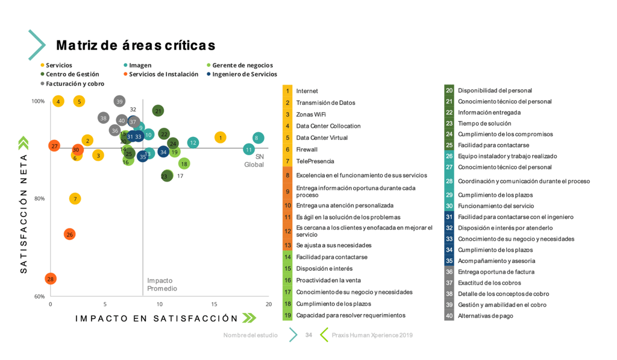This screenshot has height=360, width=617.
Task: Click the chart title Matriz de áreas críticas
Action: click(x=136, y=45)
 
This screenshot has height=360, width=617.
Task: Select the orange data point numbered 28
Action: click(x=51, y=279)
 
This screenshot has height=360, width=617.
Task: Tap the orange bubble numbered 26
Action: click(x=69, y=234)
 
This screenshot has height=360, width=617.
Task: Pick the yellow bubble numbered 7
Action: click(x=75, y=198)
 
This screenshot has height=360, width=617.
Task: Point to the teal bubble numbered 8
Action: click(x=258, y=137)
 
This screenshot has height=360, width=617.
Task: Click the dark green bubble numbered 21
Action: click(x=158, y=110)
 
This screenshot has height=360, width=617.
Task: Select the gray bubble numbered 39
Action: click(x=119, y=101)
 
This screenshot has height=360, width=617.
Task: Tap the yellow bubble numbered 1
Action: click(x=221, y=137)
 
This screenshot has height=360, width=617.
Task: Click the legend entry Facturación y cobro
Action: click(x=75, y=84)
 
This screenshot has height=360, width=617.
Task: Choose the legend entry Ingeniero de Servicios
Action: click(x=244, y=74)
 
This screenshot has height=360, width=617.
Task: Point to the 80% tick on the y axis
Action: click(x=38, y=198)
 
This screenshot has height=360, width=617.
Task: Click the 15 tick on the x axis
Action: click(x=214, y=304)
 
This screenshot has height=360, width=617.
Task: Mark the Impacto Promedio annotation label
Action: click(x=162, y=285)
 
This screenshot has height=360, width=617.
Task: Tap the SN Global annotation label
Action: click(x=254, y=160)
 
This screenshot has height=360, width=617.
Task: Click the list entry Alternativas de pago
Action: click(x=486, y=315)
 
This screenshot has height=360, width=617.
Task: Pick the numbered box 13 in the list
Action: click(x=287, y=245)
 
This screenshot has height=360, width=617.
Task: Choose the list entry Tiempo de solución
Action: click(x=484, y=123)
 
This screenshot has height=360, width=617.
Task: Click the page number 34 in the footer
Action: click(x=308, y=335)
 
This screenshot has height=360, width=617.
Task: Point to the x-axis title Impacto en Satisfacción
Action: click(x=157, y=318)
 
